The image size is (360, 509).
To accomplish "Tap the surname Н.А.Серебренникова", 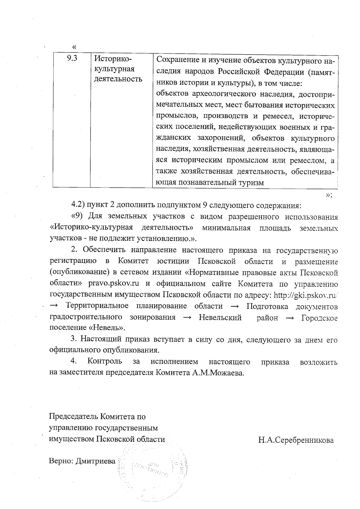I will (296, 441).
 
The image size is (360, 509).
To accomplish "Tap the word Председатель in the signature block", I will (73, 417).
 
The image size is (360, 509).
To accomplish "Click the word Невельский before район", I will (220, 318).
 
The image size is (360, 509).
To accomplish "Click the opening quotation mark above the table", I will (74, 47).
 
